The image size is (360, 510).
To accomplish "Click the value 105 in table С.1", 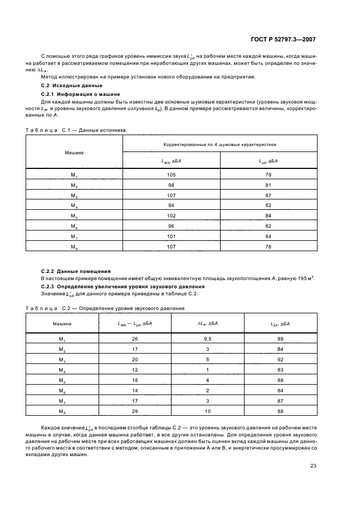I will coord(172,175).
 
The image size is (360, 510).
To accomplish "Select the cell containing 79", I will coord(269,175).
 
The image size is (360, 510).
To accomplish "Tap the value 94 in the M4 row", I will coord(172,205).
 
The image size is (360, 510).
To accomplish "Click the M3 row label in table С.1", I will coord(75,196).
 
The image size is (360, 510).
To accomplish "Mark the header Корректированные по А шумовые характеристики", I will coord(220,144).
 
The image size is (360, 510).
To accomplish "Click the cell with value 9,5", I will coord(208,340).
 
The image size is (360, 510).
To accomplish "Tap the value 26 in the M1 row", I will coord(135,340).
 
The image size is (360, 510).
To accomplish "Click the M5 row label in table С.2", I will coord(62,380).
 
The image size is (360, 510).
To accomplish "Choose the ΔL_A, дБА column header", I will coord(208,324).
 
